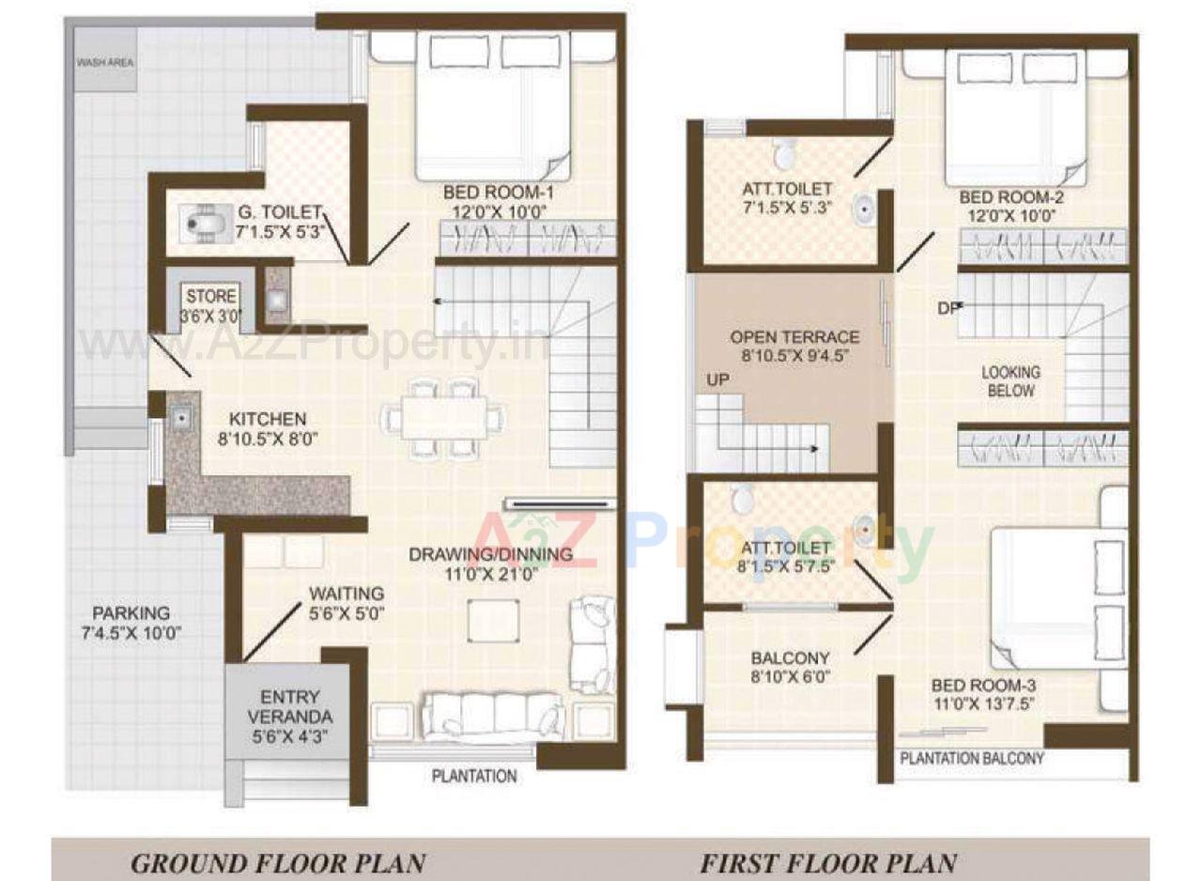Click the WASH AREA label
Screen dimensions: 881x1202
(105, 63)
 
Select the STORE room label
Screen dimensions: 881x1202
(210, 297)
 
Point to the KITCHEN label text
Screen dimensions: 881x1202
(268, 419)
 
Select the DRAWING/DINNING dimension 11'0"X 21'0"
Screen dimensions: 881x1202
(490, 576)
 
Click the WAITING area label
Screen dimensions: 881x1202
(347, 594)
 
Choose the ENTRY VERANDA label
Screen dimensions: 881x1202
(289, 706)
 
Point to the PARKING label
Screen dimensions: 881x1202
(131, 613)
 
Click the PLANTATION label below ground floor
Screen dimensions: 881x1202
(474, 776)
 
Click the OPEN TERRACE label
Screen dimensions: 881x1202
(794, 337)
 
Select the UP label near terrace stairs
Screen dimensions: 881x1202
(719, 380)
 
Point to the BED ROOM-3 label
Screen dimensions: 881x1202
(983, 686)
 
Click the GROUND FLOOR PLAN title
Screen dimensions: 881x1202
(278, 862)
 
